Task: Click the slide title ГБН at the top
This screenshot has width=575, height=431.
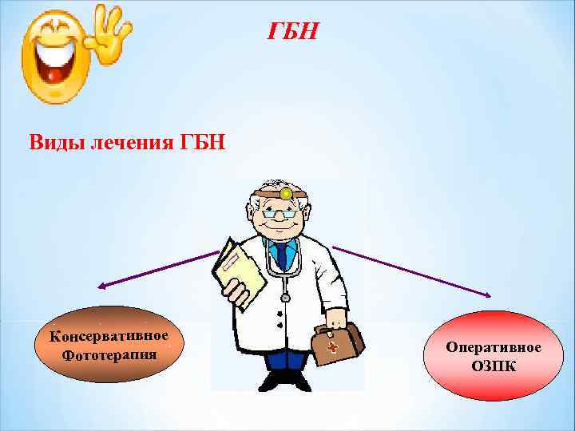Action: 292,31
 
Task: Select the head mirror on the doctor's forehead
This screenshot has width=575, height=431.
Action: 285,193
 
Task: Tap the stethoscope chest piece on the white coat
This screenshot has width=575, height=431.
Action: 284,297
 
